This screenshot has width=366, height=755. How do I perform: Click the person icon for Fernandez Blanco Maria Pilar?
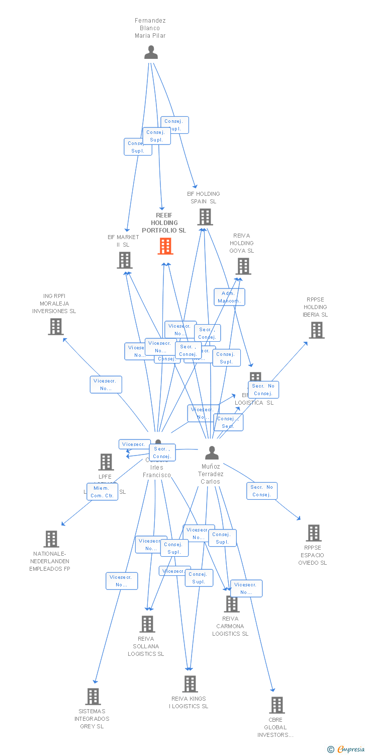click(x=151, y=52)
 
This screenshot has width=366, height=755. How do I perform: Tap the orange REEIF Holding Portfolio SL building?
click(x=165, y=246)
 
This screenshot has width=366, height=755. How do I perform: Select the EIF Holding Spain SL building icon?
click(x=205, y=217)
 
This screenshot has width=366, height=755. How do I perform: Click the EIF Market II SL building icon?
click(x=124, y=260)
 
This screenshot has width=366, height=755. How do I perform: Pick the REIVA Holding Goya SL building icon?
click(x=243, y=266)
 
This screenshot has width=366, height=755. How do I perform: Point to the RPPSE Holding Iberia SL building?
click(x=316, y=330)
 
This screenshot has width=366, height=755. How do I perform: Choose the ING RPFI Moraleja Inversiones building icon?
click(x=55, y=327)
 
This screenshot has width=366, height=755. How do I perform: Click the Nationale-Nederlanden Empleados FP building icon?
click(x=51, y=539)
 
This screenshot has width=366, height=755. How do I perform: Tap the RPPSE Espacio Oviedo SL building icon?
click(x=313, y=533)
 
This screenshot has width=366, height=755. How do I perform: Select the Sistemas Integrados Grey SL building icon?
click(x=93, y=697)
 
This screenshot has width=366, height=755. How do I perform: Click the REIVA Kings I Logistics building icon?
click(x=190, y=684)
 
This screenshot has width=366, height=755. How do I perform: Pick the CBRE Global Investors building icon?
click(x=277, y=705)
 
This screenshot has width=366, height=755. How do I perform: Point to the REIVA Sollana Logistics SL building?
click(x=147, y=624)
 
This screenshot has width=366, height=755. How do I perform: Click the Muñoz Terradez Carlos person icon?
click(x=212, y=452)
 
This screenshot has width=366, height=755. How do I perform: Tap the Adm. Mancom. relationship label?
click(x=229, y=297)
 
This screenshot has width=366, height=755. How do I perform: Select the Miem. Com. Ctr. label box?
click(x=102, y=492)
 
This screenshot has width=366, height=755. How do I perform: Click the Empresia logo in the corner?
click(x=346, y=749)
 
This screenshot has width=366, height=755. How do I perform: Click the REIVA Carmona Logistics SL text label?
click(x=230, y=626)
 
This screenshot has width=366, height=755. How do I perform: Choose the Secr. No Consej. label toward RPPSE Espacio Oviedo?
click(x=261, y=491)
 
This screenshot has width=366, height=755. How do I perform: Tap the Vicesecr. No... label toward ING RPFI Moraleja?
click(x=106, y=385)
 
